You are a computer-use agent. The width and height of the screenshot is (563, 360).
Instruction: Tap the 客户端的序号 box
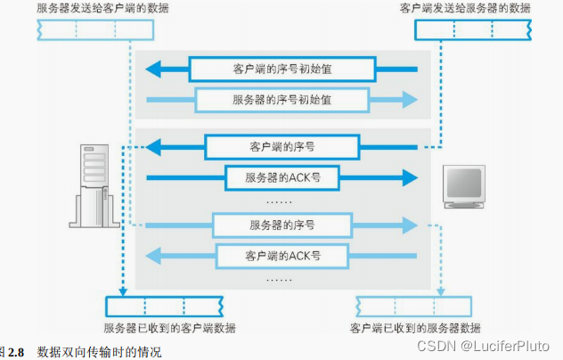click(281, 146)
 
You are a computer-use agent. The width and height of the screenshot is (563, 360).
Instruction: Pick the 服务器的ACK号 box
click(282, 177)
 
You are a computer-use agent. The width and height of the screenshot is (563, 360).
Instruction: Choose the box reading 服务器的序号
click(281, 224)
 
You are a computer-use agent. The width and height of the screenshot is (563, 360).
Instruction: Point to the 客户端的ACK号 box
click(281, 256)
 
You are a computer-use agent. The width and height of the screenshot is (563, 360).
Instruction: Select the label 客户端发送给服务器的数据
click(466, 8)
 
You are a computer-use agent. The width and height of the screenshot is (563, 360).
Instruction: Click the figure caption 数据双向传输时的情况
click(99, 352)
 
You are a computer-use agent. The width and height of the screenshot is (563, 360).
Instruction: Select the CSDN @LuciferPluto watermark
click(496, 344)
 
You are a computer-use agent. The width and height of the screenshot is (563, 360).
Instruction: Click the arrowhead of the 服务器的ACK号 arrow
click(407, 177)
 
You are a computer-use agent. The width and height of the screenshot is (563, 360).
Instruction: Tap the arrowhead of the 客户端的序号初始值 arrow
click(156, 69)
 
